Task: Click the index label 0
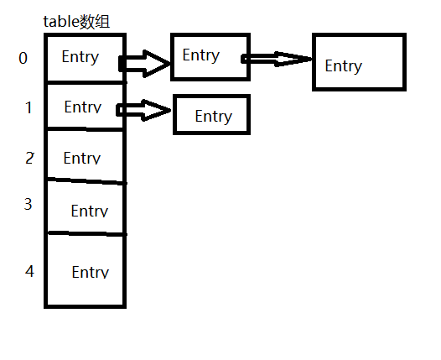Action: pyautogui.click(x=23, y=58)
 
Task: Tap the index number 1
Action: pyautogui.click(x=29, y=107)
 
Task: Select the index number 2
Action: pyautogui.click(x=29, y=158)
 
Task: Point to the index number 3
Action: pyautogui.click(x=28, y=204)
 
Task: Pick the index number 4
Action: pyautogui.click(x=29, y=271)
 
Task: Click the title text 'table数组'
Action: pyautogui.click(x=76, y=22)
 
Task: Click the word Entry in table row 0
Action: pyautogui.click(x=80, y=57)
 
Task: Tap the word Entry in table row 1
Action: pyautogui.click(x=83, y=107)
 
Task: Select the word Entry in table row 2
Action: pyautogui.click(x=82, y=158)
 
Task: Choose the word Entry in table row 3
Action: pyautogui.click(x=90, y=211)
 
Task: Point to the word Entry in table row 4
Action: pyautogui.click(x=91, y=272)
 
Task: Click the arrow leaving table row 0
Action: pyautogui.click(x=144, y=64)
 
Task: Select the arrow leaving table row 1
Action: pyautogui.click(x=143, y=110)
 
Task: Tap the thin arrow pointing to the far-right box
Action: pyautogui.click(x=277, y=59)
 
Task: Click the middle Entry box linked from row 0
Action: pyautogui.click(x=210, y=34)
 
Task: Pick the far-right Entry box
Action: pyautogui.click(x=359, y=34)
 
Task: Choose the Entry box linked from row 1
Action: pyautogui.click(x=211, y=95)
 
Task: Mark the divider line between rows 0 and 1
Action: pyautogui.click(x=86, y=82)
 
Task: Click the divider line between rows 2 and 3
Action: pyautogui.click(x=87, y=180)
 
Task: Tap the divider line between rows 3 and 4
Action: pyautogui.click(x=87, y=233)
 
